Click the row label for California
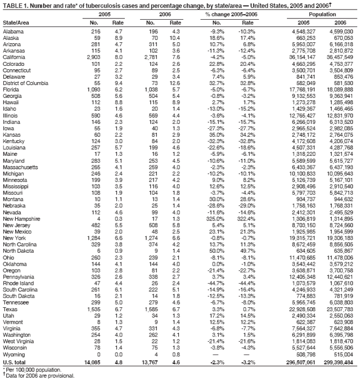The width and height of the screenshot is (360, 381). click(x=15, y=57)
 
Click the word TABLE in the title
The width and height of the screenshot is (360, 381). click(x=13, y=4)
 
